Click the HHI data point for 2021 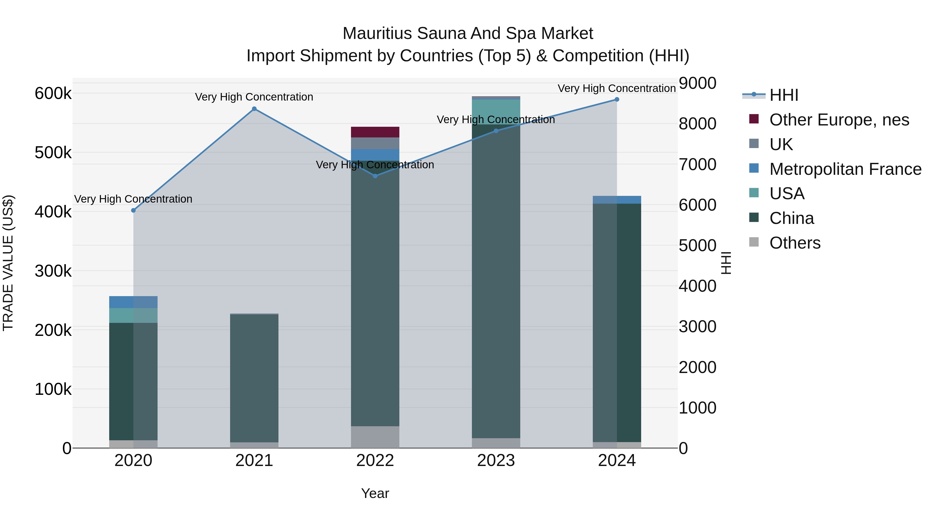[x=254, y=109]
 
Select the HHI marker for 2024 [x=617, y=99]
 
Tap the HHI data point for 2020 [x=133, y=211]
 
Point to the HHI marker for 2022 [x=375, y=176]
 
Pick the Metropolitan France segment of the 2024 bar [x=617, y=200]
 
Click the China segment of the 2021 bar [x=254, y=377]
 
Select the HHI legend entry [x=783, y=95]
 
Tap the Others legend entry [x=794, y=243]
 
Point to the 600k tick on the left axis [x=53, y=94]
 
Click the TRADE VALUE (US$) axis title [x=8, y=263]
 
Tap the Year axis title [x=375, y=493]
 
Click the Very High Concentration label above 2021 [x=254, y=97]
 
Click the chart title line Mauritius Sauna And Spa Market [x=468, y=34]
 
